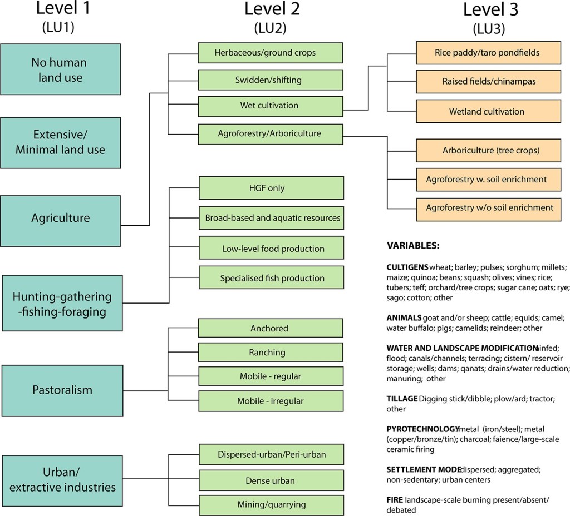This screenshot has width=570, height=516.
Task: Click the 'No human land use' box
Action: coord(61,70)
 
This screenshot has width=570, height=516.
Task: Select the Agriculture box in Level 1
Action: coord(61,217)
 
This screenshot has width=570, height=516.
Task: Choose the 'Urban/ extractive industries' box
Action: coord(62,479)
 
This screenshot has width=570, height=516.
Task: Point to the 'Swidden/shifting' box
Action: coord(270,80)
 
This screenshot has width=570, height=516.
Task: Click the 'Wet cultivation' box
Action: coord(270,106)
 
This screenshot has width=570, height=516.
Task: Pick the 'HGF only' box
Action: coord(270,188)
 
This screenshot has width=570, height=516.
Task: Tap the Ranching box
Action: coord(270,353)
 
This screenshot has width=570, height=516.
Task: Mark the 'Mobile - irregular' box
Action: coord(270,400)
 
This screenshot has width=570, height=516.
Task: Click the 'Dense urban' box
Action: coord(270,480)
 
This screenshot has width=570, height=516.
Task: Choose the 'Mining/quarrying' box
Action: coord(270,504)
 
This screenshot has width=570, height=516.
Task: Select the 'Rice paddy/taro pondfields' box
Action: coord(487,53)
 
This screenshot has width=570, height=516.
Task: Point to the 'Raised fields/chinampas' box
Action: coord(487,82)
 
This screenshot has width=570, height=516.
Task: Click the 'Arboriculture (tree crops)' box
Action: coord(487,150)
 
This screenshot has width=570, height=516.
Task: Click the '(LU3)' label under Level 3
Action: coord(488,28)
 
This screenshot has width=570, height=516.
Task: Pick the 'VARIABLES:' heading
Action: coord(413,245)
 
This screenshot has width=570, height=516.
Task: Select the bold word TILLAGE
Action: coord(402,399)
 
